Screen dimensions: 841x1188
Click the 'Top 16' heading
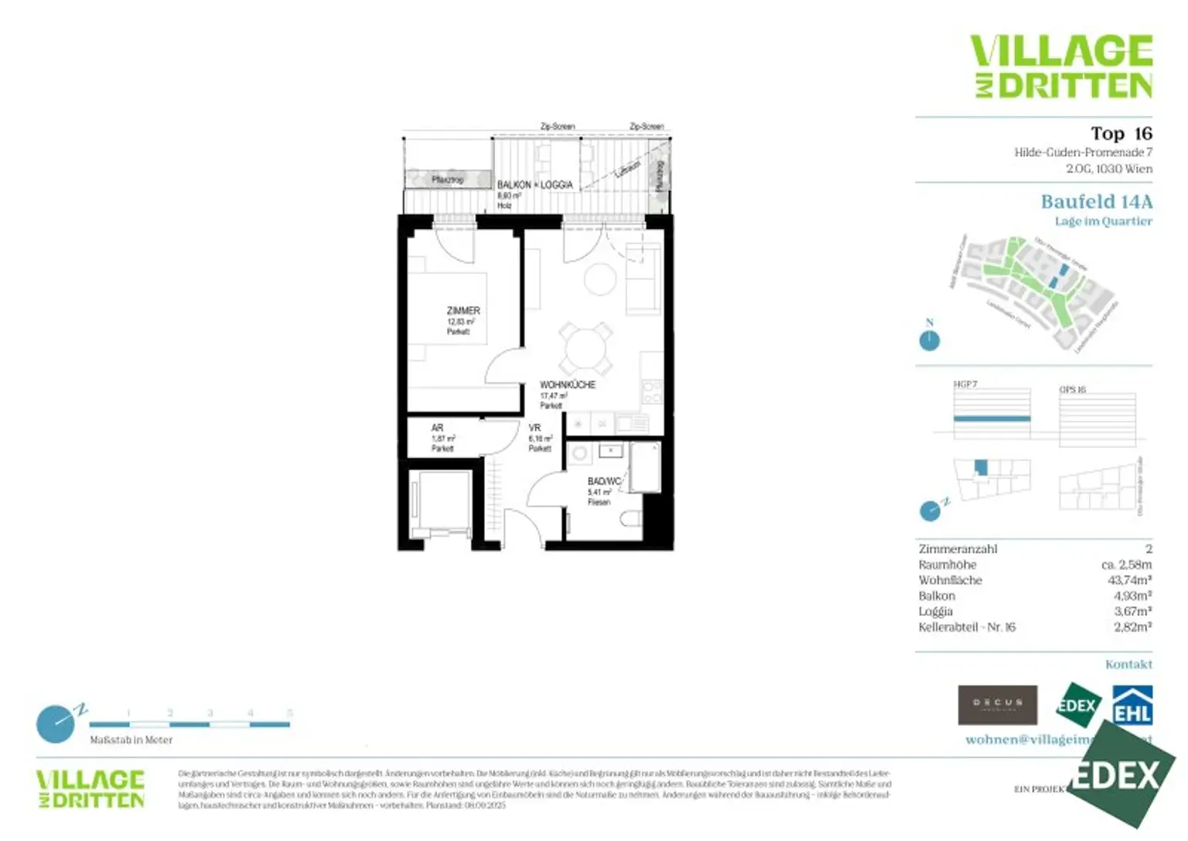click(x=1121, y=134)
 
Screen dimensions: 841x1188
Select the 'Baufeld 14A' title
click(x=1096, y=202)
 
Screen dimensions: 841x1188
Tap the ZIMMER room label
click(x=463, y=311)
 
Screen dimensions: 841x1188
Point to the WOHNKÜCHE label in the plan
click(x=567, y=385)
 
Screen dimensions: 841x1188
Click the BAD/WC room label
click(x=603, y=481)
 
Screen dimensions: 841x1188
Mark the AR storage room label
click(x=437, y=428)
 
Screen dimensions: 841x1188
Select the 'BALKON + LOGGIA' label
click(x=534, y=185)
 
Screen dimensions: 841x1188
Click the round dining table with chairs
click(x=586, y=349)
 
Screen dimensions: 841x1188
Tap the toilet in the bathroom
click(x=632, y=518)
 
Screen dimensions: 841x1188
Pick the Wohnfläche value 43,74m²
click(x=1129, y=580)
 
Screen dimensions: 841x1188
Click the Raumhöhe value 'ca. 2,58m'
click(x=1126, y=565)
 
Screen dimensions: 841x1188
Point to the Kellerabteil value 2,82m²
click(x=1132, y=627)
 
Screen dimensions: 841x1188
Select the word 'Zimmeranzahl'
click(x=958, y=549)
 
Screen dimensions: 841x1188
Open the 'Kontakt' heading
click(x=1128, y=665)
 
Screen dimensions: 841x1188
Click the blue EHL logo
click(x=1132, y=705)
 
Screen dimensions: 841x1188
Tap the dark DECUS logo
click(x=997, y=705)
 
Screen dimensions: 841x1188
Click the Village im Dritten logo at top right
click(x=1061, y=67)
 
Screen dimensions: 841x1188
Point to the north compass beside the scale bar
click(x=56, y=723)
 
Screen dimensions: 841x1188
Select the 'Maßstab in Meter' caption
click(x=131, y=740)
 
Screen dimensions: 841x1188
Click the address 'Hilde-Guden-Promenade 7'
click(x=1083, y=152)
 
